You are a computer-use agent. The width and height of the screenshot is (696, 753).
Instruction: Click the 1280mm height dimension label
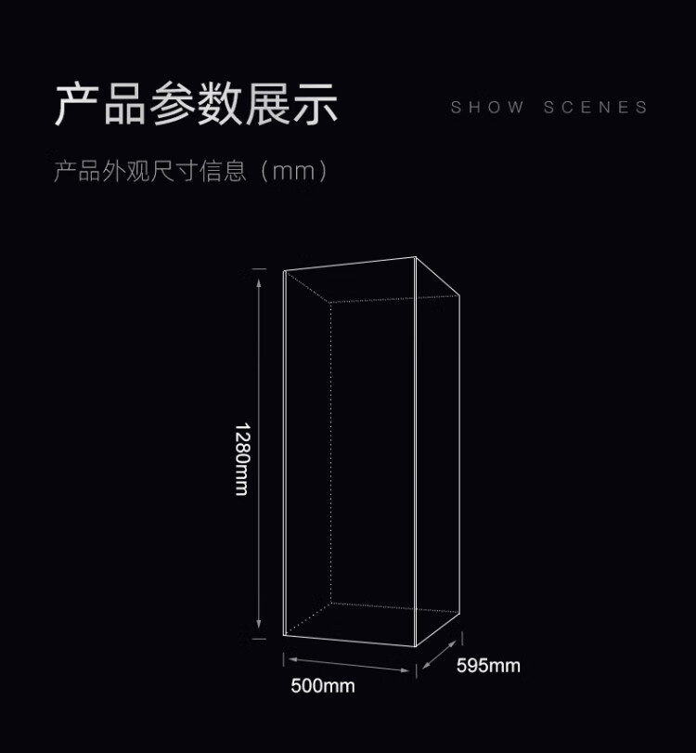pyautogui.click(x=241, y=459)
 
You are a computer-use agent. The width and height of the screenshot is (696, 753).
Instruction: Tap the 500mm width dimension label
pyautogui.click(x=323, y=686)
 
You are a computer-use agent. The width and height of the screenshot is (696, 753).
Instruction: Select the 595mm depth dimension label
pyautogui.click(x=488, y=665)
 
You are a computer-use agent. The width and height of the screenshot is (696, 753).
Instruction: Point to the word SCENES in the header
pyautogui.click(x=596, y=108)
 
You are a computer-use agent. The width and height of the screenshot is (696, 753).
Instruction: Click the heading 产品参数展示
pyautogui.click(x=196, y=104)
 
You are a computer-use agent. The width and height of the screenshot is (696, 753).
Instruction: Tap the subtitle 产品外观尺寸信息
pyautogui.click(x=150, y=172)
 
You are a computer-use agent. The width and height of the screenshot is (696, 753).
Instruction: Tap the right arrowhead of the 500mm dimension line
pyautogui.click(x=410, y=670)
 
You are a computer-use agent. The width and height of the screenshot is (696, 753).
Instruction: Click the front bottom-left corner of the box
pyautogui.click(x=283, y=635)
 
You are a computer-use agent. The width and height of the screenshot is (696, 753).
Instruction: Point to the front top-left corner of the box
pyautogui.click(x=283, y=272)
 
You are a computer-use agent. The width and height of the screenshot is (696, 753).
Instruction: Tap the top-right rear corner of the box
pyautogui.click(x=459, y=295)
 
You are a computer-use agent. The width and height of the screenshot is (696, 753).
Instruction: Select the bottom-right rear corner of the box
pyautogui.click(x=459, y=614)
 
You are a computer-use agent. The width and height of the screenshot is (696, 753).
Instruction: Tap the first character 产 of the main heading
pyautogui.click(x=77, y=104)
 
